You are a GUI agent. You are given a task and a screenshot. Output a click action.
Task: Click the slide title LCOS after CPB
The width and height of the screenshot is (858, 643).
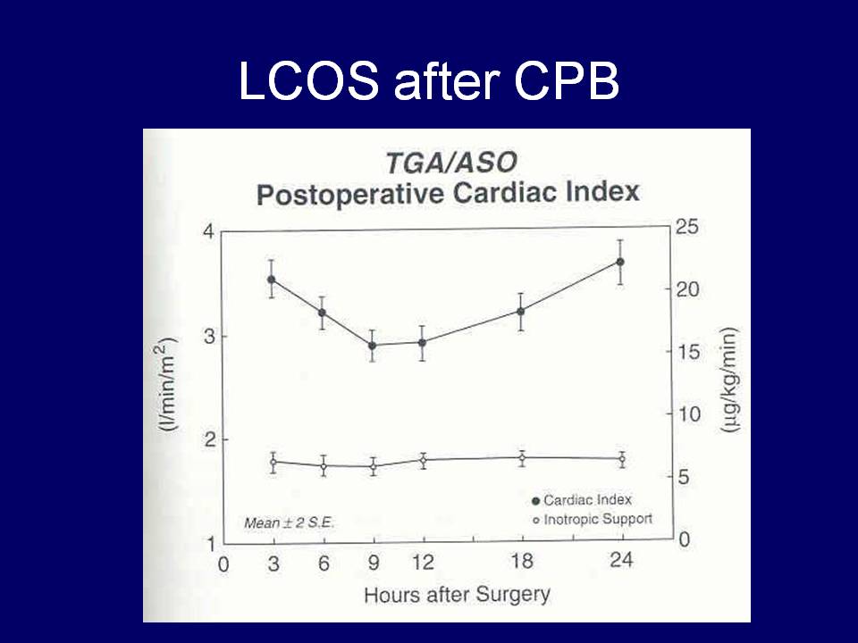click(x=428, y=84)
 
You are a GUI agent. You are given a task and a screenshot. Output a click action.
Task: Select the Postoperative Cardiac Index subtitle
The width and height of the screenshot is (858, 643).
click(x=448, y=193)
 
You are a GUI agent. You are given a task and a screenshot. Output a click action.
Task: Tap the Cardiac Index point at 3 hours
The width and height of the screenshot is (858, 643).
click(x=272, y=280)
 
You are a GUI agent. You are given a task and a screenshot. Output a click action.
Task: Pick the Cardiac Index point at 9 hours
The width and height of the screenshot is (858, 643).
click(x=373, y=346)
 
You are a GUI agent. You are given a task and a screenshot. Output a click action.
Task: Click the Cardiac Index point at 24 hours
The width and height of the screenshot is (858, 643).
click(x=620, y=262)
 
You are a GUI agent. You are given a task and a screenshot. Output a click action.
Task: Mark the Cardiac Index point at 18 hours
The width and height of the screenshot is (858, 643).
click(x=521, y=311)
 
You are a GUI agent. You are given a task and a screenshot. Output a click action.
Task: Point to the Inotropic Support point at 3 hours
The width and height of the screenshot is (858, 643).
click(x=273, y=462)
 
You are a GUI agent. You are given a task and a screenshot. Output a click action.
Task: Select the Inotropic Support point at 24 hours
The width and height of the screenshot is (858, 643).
click(x=622, y=459)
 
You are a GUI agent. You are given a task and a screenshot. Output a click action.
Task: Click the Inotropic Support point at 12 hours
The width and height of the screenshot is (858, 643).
click(x=424, y=460)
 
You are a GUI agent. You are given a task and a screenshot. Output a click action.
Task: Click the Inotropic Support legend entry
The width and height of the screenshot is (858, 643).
click(x=593, y=519)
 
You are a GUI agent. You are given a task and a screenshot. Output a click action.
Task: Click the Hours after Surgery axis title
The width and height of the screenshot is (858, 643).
click(x=457, y=594)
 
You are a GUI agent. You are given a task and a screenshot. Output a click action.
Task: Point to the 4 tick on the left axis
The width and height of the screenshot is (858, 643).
click(x=208, y=231)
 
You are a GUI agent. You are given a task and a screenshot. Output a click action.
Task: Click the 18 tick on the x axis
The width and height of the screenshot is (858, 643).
click(x=521, y=564)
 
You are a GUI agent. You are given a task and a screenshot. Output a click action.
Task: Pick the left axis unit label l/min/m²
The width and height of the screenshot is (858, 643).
click(x=168, y=385)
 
